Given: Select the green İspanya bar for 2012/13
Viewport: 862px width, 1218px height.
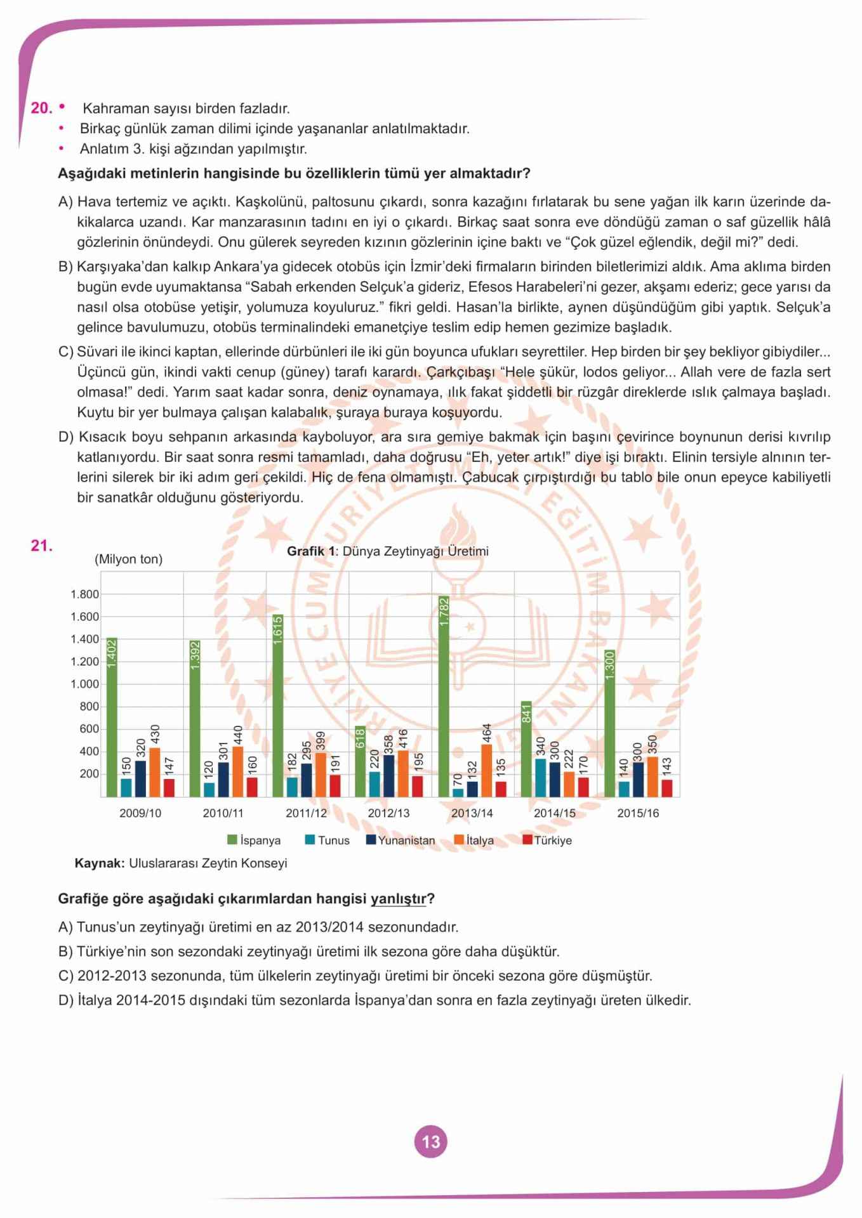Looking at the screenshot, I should point(361,761).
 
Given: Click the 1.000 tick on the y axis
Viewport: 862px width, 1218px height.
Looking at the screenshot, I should point(84,684).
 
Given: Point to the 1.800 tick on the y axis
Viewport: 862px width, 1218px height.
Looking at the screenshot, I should point(84,594).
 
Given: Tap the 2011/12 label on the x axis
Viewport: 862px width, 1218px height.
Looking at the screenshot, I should point(306,813).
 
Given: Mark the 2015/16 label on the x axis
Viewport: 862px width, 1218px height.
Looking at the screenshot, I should point(638,813).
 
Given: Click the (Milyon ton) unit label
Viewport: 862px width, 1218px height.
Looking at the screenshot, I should point(128,559).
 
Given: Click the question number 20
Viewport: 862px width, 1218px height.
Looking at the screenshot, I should point(41,108).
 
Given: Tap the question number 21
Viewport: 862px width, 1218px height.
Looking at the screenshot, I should point(41,546).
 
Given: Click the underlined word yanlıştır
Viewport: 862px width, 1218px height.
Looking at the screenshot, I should point(398,899).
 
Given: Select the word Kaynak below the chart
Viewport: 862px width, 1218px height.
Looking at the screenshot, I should point(99,863).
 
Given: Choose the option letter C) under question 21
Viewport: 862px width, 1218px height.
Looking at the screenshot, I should point(66,976).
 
